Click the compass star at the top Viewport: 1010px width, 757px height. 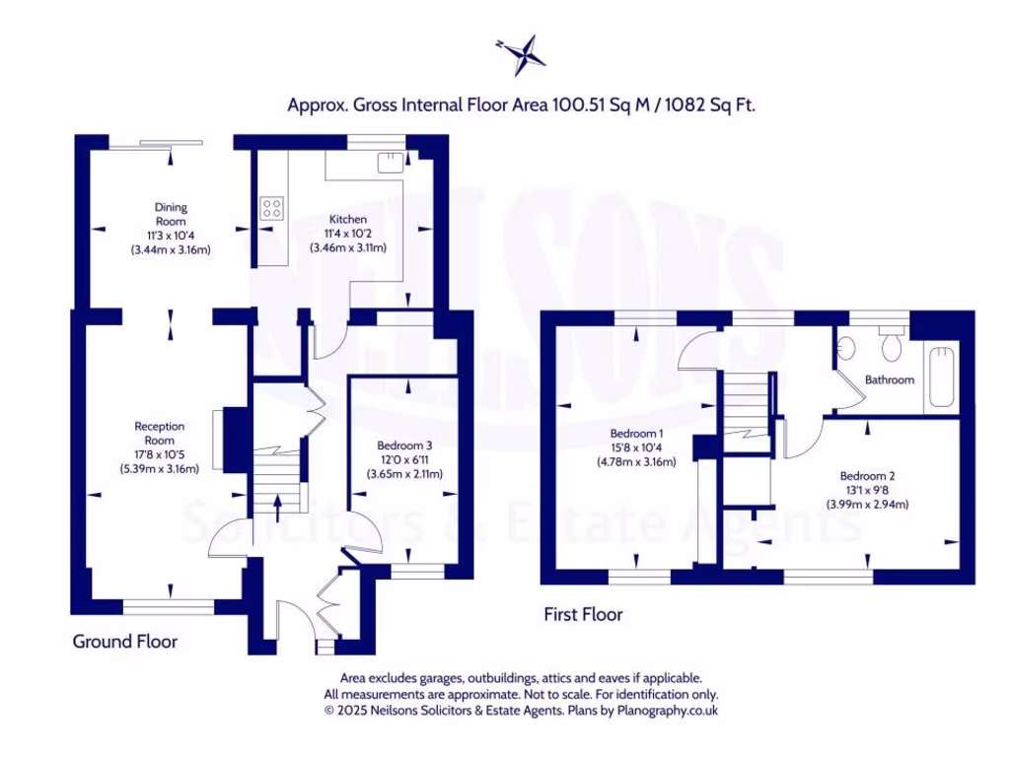pos(522,55)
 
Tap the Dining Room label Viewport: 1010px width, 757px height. pos(171,214)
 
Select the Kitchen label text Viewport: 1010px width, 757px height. pos(348,219)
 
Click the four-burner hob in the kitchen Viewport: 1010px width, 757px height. pos(271,208)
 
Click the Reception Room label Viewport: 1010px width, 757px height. pos(160,433)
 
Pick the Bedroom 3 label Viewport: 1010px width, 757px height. pos(404,446)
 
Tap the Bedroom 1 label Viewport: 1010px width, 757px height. pos(636,434)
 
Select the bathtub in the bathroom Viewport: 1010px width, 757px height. pos(940,378)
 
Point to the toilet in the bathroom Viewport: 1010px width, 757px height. pos(893,347)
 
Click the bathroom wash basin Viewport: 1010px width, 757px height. pos(846,348)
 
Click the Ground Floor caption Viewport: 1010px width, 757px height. pos(125,642)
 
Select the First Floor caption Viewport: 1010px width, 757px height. pos(584,615)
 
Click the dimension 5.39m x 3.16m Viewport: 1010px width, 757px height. pos(160,469)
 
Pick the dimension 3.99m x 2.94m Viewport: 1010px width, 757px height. pos(867,504)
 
